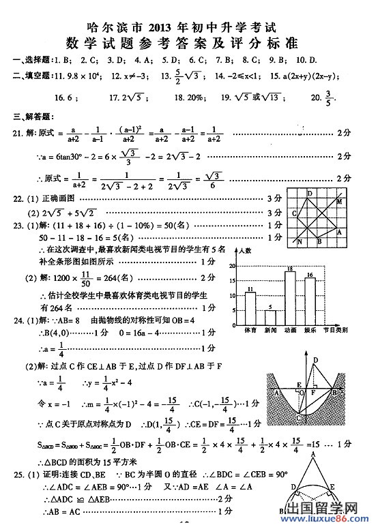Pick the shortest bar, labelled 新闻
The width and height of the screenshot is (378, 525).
pyautogui.click(x=270, y=318)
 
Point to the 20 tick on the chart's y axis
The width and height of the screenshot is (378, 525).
pyautogui.click(x=232, y=266)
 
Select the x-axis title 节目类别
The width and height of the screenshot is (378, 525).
pyautogui.click(x=335, y=330)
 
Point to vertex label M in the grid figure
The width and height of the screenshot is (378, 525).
pyautogui.click(x=340, y=202)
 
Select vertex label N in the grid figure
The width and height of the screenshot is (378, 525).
pyautogui.click(x=299, y=241)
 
